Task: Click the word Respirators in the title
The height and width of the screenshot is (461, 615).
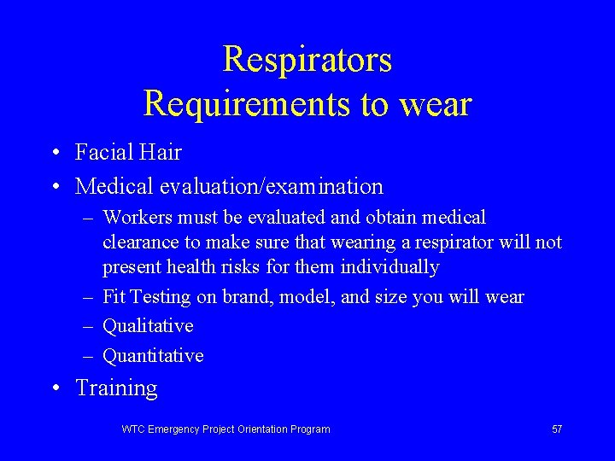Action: click(307, 60)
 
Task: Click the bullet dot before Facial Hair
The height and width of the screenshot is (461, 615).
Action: click(54, 154)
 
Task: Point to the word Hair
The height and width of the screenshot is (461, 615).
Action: click(161, 153)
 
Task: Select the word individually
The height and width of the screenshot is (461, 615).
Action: click(389, 267)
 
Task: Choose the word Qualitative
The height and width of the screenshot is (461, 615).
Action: click(148, 326)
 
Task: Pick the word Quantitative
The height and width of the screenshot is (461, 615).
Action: click(153, 355)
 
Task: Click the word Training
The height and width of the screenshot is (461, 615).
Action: click(116, 388)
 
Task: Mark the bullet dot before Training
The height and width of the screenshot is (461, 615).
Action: click(54, 389)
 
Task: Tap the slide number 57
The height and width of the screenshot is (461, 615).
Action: click(557, 429)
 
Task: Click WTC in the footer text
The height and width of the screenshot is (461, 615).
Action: click(133, 429)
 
